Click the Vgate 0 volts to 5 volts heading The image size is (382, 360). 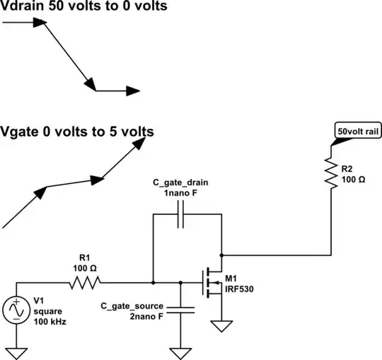tap(77, 131)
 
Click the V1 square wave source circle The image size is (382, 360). tap(15, 310)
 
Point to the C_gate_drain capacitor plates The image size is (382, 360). tap(180, 215)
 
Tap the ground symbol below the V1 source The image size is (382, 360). tap(15, 352)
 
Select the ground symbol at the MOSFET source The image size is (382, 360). tap(221, 327)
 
